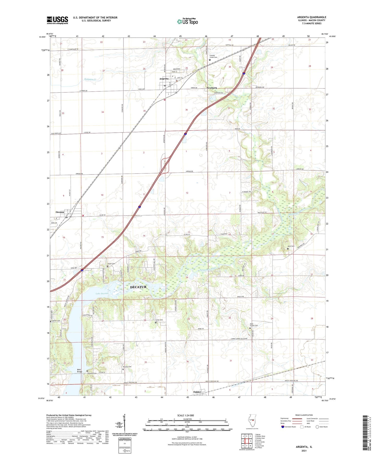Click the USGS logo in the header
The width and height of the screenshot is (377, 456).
(57, 20)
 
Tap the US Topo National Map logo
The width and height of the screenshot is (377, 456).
(187, 21)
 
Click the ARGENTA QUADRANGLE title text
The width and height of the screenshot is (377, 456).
(312, 17)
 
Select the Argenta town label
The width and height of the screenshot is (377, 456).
(164, 79)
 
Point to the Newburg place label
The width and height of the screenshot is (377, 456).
(212, 88)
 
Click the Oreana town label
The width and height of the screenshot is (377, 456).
(60, 212)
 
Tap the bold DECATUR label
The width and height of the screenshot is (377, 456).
(138, 287)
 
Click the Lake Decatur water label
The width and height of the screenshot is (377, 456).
(102, 294)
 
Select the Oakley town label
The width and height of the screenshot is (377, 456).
(197, 392)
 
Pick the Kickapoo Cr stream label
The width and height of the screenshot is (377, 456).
(90, 79)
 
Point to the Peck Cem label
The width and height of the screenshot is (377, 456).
(291, 246)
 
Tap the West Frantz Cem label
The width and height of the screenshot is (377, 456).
(254, 325)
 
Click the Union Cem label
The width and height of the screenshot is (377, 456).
(111, 264)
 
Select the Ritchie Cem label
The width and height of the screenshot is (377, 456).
(127, 367)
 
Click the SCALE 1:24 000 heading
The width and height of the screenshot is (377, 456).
(185, 415)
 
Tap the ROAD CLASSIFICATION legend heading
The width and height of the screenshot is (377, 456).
(304, 415)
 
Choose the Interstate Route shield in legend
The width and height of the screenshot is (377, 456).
(283, 427)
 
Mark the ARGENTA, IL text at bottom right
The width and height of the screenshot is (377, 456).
(304, 447)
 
